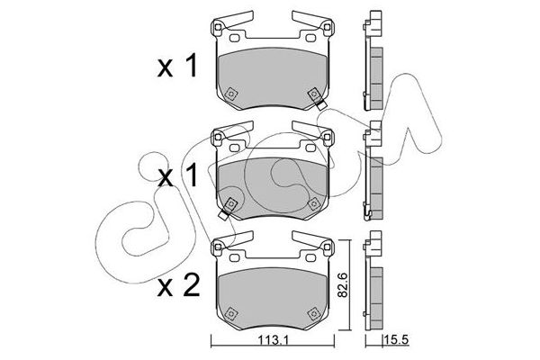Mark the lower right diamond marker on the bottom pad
[312, 313]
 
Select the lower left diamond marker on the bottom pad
[229, 313]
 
